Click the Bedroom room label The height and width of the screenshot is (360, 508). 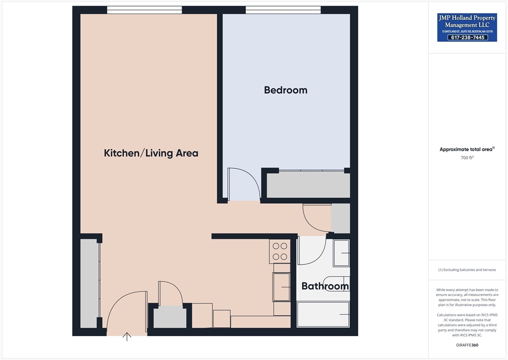(x=285, y=90)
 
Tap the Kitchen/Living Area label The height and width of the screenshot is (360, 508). (x=151, y=153)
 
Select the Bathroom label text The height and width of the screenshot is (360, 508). (x=325, y=287)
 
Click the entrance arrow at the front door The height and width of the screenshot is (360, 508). (x=127, y=337)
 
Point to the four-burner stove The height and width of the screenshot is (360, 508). (x=280, y=251)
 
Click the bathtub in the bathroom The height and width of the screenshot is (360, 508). (x=323, y=314)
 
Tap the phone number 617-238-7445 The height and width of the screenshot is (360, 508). (x=467, y=37)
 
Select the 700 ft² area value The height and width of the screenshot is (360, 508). (x=467, y=158)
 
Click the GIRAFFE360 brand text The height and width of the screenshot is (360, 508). (x=467, y=345)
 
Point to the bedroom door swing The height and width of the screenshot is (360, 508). (x=243, y=184)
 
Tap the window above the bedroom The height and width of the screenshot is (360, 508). (x=283, y=9)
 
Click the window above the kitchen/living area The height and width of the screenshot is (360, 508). (x=144, y=9)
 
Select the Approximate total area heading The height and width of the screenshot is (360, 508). (x=467, y=149)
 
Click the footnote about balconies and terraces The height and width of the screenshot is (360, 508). (x=467, y=270)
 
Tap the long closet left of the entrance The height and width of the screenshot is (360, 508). (x=89, y=283)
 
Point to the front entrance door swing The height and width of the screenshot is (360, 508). (x=127, y=310)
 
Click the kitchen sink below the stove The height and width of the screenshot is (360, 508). (x=281, y=287)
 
